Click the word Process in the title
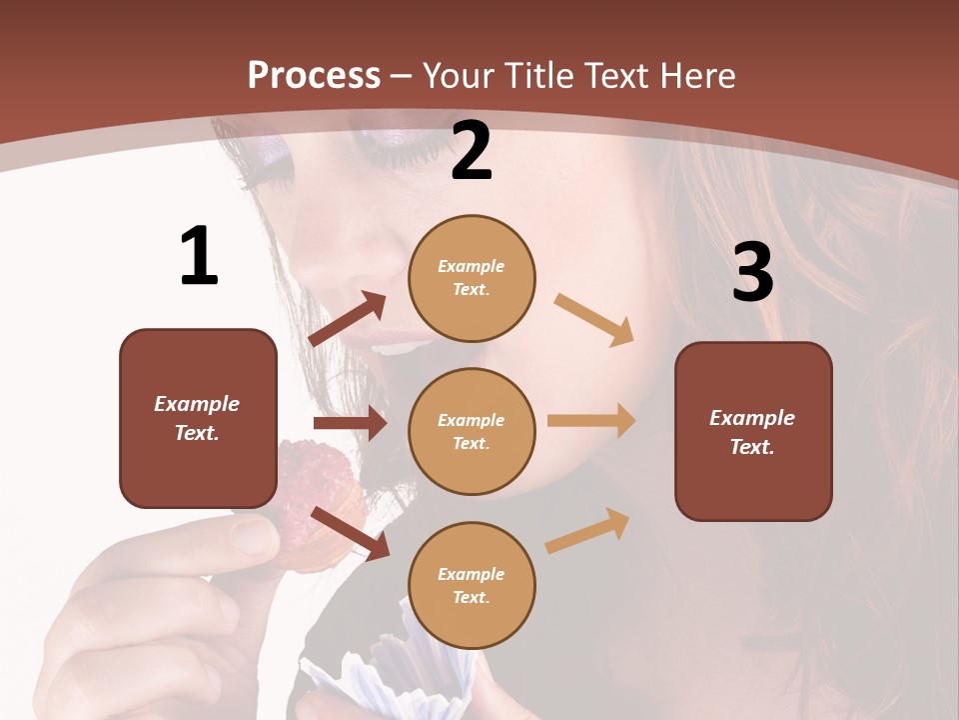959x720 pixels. (x=314, y=76)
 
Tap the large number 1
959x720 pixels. (x=199, y=257)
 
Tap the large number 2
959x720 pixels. (x=472, y=151)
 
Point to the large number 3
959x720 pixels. (x=752, y=272)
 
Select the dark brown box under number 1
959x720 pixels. (x=198, y=418)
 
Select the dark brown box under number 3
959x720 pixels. (x=753, y=431)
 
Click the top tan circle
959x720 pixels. (x=472, y=277)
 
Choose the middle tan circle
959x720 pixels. (x=472, y=431)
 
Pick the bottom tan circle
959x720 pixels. (x=472, y=585)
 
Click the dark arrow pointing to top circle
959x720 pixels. (x=348, y=318)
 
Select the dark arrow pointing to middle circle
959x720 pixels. (x=350, y=423)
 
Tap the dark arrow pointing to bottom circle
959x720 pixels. (x=351, y=533)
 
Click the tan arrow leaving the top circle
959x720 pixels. (x=594, y=320)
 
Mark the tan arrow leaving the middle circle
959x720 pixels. (x=591, y=420)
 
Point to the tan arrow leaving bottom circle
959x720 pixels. (x=587, y=530)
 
